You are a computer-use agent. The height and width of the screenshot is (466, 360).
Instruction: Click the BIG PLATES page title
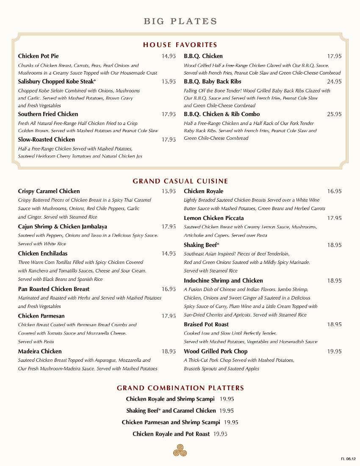[180, 21]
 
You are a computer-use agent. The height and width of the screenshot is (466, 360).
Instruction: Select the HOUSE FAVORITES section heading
[180, 44]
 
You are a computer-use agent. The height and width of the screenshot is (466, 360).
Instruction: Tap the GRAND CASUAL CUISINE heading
[180, 181]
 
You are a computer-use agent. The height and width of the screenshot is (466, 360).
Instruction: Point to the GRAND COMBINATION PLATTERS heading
[180, 388]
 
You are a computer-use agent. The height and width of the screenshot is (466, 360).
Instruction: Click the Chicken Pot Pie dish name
[39, 56]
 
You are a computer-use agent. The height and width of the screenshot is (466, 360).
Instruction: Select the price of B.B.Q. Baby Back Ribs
[334, 81]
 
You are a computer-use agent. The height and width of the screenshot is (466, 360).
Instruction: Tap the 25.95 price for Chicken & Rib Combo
[334, 114]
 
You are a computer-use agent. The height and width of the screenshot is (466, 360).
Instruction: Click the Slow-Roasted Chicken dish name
[46, 139]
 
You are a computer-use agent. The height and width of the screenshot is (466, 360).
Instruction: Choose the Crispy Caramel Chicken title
[49, 191]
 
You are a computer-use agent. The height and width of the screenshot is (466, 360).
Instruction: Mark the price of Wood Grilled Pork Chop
[334, 351]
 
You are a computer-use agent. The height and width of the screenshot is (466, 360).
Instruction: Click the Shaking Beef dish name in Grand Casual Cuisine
[201, 245]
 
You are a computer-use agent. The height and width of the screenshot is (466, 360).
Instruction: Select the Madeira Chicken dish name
[40, 351]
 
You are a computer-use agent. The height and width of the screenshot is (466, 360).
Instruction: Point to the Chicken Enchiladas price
[168, 253]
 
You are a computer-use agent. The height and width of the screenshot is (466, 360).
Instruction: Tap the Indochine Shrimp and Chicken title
[223, 280]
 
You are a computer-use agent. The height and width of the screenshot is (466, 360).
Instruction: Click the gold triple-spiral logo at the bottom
[180, 450]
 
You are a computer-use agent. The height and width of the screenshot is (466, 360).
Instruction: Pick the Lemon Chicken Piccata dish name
[213, 218]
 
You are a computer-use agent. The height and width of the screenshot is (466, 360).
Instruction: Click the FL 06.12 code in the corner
[348, 459]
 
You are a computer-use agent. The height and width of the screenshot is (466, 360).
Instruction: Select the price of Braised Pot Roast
[334, 324]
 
